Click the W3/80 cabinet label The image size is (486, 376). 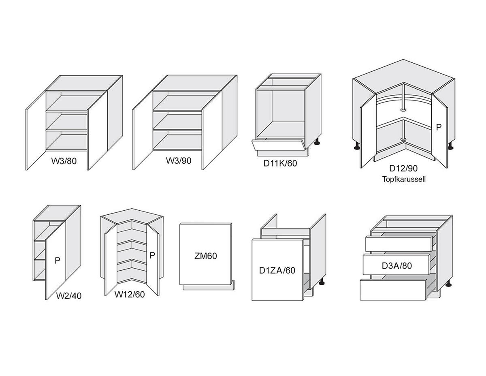pyautogui.click(x=64, y=161)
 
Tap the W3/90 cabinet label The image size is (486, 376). pyautogui.click(x=179, y=160)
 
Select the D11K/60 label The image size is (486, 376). pyautogui.click(x=280, y=164)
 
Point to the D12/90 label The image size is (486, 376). pyautogui.click(x=403, y=169)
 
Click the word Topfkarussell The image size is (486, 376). pyautogui.click(x=404, y=179)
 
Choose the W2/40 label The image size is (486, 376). pyautogui.click(x=69, y=296)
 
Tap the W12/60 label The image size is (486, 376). pyautogui.click(x=130, y=295)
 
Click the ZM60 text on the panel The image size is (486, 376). pyautogui.click(x=206, y=256)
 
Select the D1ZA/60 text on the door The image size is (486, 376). pyautogui.click(x=277, y=270)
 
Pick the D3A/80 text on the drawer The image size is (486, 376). pyautogui.click(x=397, y=265)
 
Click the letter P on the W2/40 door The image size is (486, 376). pyautogui.click(x=58, y=261)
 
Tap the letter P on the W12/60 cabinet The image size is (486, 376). pyautogui.click(x=152, y=255)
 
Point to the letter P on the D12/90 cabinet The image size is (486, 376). pyautogui.click(x=439, y=127)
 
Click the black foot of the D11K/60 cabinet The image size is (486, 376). pyautogui.click(x=317, y=142)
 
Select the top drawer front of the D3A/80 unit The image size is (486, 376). pyautogui.click(x=399, y=244)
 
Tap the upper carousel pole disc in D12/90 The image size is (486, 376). pyautogui.click(x=403, y=110)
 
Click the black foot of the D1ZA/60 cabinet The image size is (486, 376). pyautogui.click(x=322, y=282)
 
